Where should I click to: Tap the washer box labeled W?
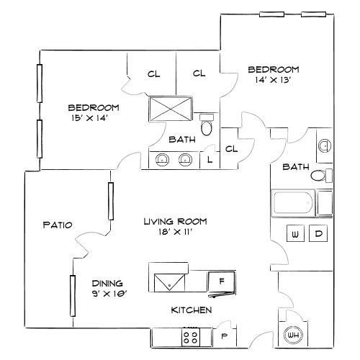click(295, 233)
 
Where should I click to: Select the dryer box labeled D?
click(320, 233)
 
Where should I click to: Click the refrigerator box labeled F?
click(221, 282)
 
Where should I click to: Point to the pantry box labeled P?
click(224, 336)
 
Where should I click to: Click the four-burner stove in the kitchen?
click(191, 336)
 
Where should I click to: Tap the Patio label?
click(58, 225)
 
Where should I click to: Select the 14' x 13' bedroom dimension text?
click(273, 81)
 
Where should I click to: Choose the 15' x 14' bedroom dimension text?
click(94, 117)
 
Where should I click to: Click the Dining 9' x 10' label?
click(107, 288)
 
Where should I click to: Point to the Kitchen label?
click(190, 310)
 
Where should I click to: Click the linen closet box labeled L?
click(209, 159)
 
